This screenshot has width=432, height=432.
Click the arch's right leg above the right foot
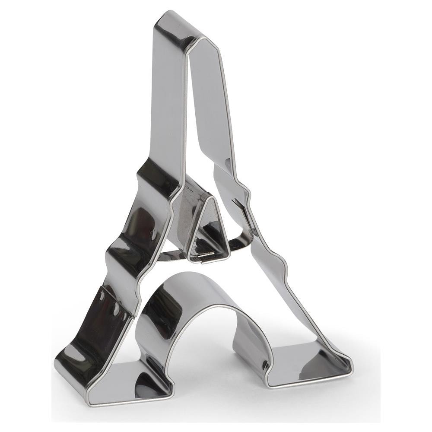point(255,341)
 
